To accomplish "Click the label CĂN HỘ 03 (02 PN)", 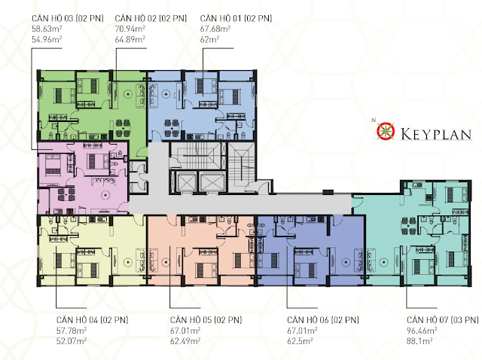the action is point(68,18).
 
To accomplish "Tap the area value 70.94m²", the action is point(130,29).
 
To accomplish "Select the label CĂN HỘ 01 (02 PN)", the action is point(236,18).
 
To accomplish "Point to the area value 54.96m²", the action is point(47,39).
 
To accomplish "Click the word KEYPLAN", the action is point(436,134).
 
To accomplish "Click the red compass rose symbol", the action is point(386,130).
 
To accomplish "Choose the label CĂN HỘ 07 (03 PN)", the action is point(443,320).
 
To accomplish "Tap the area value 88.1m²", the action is point(419,341).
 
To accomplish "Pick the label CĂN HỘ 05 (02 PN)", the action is point(206,320).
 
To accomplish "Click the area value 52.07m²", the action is point(72,341).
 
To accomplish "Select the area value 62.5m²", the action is point(300,341).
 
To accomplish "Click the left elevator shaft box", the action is point(182,182).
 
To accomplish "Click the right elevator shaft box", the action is point(212,182).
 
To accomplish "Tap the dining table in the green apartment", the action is point(123,128).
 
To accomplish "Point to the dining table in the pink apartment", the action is point(66,194).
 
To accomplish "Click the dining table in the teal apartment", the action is point(409,225).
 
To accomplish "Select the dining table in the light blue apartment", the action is point(172,128).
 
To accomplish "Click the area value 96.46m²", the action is point(422,331).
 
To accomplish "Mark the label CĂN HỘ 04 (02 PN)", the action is point(92,320).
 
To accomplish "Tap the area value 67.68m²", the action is point(215,29).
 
